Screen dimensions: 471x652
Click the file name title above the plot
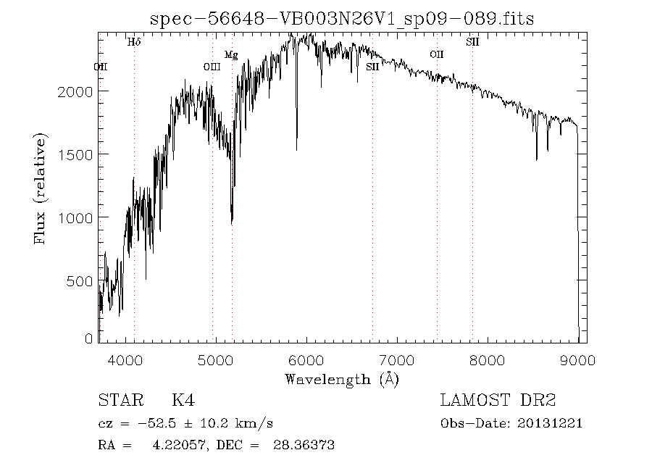coord(341,19)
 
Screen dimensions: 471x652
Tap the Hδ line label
coord(134,42)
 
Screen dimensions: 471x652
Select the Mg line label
coord(230,54)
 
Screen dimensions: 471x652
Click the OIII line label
coord(212,67)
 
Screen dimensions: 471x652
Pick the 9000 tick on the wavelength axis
coord(577,360)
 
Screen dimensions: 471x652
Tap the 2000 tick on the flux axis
coord(78,91)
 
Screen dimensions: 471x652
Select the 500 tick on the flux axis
coord(83,281)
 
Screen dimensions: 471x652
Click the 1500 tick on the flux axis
coord(78,154)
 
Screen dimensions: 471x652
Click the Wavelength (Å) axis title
coord(342,378)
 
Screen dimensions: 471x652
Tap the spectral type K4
coord(183,401)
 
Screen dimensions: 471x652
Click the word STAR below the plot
coord(117,401)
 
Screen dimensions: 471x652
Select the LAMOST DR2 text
coord(498,401)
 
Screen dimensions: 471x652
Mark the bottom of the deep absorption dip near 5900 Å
coord(296,149)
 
